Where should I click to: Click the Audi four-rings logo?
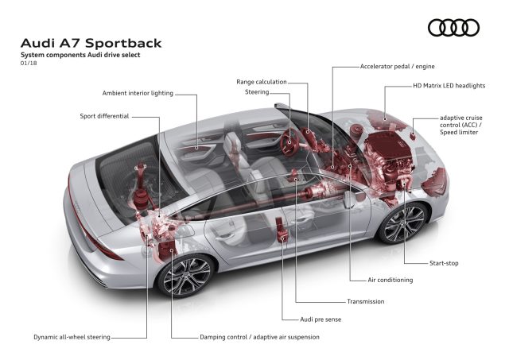tap(453, 28)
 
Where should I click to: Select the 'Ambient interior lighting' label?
tap(138, 94)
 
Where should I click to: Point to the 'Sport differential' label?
tap(104, 116)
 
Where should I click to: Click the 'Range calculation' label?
tap(262, 82)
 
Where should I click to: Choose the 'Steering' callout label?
tap(256, 92)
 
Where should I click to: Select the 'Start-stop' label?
tap(443, 263)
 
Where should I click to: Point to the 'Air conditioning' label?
tap(390, 281)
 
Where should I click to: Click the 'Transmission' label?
tap(365, 302)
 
